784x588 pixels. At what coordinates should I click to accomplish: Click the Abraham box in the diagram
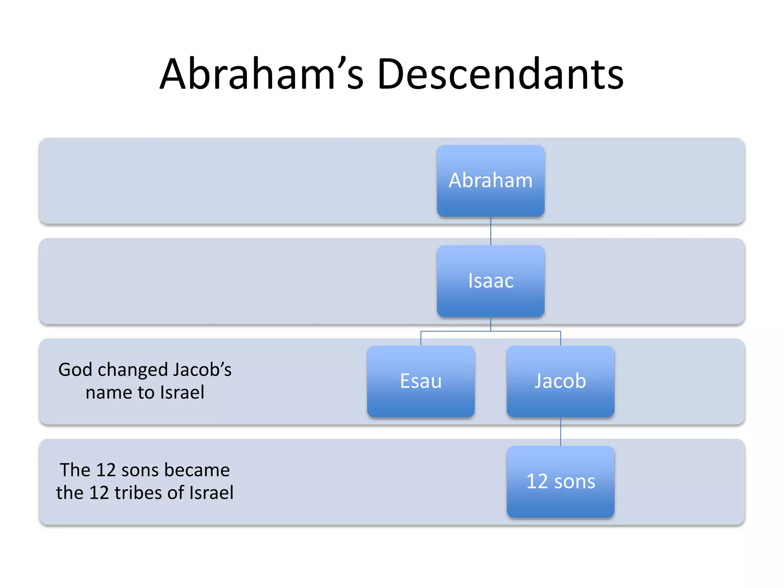490,181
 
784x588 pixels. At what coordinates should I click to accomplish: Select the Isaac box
490,281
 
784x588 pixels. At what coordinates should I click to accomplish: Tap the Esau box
421,381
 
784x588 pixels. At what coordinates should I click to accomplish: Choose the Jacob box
560,381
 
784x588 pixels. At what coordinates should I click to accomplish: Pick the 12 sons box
560,482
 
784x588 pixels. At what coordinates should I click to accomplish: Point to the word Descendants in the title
500,73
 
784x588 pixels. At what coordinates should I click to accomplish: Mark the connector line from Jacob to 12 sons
561,432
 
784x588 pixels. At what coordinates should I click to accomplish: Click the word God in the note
75,370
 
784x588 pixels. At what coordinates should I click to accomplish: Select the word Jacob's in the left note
202,370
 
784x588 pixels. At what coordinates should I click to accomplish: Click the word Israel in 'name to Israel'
182,392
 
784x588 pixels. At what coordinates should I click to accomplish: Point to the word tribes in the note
139,493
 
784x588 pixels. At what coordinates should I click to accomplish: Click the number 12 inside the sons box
537,482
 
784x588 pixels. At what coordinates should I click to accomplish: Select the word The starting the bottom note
75,470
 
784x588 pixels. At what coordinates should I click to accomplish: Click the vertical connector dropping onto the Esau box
421,338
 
